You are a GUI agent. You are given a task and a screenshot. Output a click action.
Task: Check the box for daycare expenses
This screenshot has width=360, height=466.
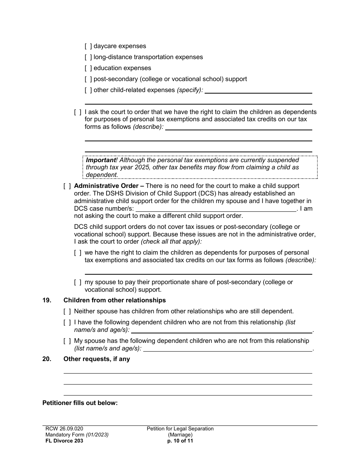pos(88,46)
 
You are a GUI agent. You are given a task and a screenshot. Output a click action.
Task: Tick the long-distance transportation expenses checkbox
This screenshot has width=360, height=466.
pos(88,57)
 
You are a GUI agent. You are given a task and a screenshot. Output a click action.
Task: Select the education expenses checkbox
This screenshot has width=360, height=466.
pos(88,68)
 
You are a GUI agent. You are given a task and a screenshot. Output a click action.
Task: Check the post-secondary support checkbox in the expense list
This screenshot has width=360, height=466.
pos(88,79)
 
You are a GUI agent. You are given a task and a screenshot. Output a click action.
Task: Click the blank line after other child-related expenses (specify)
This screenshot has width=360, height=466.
pos(258,91)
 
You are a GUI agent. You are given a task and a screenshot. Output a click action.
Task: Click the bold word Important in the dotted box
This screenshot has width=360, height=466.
pos(101,160)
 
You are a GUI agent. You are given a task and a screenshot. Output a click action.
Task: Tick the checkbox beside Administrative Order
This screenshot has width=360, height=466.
pos(67,186)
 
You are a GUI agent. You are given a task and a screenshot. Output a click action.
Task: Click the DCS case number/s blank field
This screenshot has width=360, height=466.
pos(216,209)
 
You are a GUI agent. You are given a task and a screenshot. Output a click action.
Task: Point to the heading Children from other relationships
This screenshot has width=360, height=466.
pos(114,300)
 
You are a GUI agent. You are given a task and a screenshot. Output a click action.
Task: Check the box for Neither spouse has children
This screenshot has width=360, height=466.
pos(67,311)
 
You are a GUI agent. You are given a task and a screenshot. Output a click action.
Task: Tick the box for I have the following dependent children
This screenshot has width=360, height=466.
pos(67,322)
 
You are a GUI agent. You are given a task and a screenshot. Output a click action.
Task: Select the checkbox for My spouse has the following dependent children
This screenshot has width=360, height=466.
pos(67,341)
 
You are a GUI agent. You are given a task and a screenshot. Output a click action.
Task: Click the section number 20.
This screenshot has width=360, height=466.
pos(47,359)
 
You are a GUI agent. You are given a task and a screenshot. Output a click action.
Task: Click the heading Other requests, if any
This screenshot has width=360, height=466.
pos(97,359)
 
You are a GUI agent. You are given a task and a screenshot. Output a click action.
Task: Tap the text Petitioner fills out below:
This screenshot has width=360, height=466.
pos(80,403)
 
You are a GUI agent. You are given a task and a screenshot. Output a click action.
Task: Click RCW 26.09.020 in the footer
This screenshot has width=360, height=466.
pos(61,429)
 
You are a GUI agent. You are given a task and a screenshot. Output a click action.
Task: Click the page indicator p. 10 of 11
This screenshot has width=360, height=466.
pos(180,441)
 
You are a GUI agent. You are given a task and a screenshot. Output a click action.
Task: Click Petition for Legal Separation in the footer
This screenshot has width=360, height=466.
pos(180,429)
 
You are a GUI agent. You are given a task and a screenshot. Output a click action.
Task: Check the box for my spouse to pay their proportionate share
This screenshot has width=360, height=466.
pos(78,282)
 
